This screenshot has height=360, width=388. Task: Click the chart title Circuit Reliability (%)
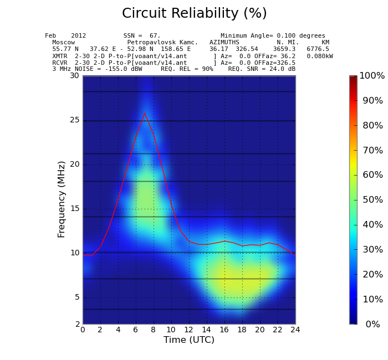pos(194,14)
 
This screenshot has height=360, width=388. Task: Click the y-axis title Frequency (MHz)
pos(62,199)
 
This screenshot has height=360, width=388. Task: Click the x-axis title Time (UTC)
pos(188,340)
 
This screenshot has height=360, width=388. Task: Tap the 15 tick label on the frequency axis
pos(74,209)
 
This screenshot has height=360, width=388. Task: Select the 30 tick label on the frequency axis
pos(74,76)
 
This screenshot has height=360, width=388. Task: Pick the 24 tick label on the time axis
pos(295,330)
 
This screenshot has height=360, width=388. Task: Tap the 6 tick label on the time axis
pos(136,330)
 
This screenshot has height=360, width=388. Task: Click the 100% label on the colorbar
pos(371,76)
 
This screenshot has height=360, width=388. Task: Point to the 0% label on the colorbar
pos(372,325)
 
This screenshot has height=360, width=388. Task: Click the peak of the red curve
pos(145,114)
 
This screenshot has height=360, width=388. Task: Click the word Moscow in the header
pos(63,43)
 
